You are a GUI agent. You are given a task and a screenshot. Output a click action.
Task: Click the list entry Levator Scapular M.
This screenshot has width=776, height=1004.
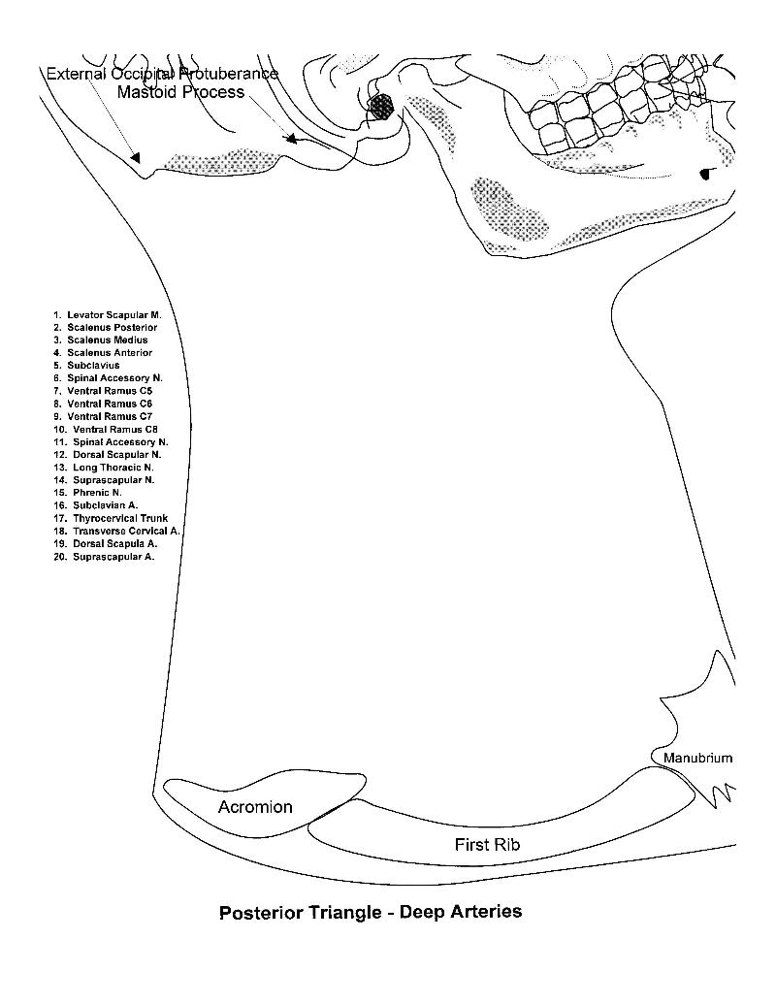pos(108,315)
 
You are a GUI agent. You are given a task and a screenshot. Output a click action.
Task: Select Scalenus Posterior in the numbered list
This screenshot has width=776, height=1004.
pos(106,327)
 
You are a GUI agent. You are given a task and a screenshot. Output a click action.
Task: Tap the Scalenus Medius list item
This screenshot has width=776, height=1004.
pos(101,340)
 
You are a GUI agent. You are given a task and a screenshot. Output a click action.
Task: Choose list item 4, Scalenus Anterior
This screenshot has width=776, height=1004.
pos(103,353)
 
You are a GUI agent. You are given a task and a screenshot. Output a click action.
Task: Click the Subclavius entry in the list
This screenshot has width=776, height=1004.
pos(86,365)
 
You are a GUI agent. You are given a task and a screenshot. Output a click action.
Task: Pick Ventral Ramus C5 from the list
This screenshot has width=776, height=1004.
pos(103,391)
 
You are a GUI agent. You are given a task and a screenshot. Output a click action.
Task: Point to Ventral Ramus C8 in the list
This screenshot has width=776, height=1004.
pos(106,429)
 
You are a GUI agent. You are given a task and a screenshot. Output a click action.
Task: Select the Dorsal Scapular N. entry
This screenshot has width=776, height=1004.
pos(108,455)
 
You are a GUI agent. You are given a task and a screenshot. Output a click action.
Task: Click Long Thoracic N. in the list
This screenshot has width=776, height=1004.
pos(104,468)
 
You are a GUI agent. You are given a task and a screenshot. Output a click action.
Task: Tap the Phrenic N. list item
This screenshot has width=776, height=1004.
pos(87,493)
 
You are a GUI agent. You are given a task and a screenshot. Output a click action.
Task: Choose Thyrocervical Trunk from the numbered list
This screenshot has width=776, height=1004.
pos(111,518)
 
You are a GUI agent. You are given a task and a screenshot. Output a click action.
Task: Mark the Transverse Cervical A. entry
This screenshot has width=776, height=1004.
pos(117,531)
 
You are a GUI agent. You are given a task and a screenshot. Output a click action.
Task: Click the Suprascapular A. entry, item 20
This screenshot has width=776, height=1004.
pos(105,557)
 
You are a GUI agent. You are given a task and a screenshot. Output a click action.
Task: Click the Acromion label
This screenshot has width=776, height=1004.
pos(255,807)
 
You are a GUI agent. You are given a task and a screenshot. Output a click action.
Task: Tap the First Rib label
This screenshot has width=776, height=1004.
pos(487,845)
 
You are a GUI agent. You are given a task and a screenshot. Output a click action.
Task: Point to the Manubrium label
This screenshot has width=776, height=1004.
pos(697,759)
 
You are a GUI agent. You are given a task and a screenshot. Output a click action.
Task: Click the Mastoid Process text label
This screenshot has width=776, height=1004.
pos(180,92)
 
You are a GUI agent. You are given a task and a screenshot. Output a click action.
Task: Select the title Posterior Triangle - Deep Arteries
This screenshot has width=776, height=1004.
pos(371,912)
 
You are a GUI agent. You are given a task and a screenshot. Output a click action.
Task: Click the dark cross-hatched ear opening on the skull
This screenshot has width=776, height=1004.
pos(383,107)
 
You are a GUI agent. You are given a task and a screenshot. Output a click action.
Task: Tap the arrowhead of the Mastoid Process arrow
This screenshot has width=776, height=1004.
pos(291,138)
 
